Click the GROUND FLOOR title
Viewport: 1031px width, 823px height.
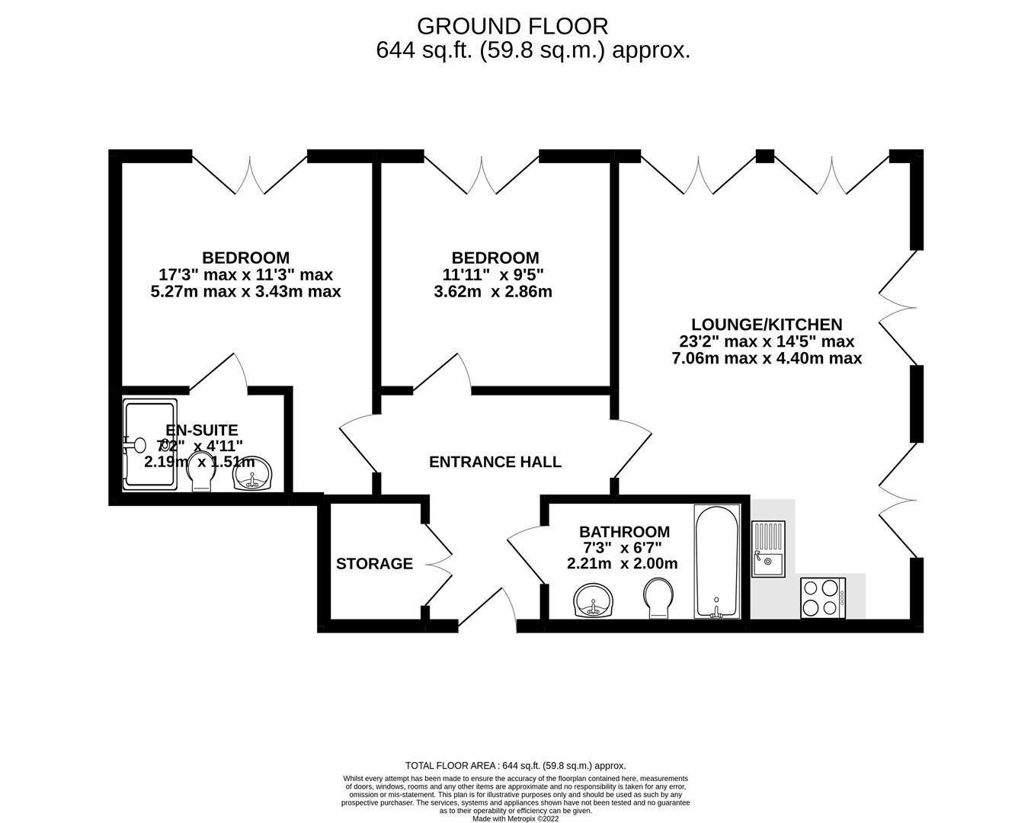[512, 27]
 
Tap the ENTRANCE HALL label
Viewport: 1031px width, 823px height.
[495, 462]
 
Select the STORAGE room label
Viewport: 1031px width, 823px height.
[374, 564]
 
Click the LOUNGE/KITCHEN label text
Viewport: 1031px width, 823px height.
[766, 325]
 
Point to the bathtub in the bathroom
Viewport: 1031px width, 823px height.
[716, 562]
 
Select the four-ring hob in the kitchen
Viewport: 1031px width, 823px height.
[823, 597]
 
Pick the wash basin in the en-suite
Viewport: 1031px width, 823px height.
[254, 475]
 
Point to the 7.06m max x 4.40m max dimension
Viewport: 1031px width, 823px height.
[767, 358]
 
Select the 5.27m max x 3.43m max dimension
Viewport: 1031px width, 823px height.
[246, 291]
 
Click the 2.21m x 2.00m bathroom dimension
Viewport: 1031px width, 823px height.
[622, 564]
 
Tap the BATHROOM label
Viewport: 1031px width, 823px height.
[624, 532]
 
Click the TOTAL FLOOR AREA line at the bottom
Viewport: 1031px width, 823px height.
[515, 766]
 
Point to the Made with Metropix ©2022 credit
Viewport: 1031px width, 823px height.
[515, 819]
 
